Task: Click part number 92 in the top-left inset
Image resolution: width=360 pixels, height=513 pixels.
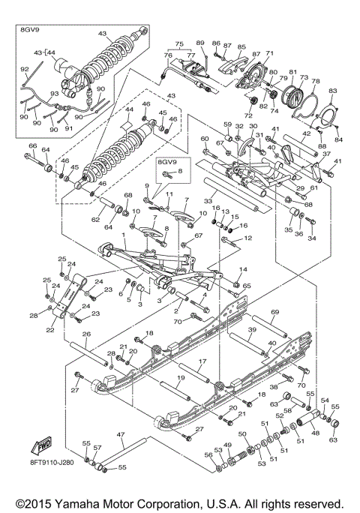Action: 24,69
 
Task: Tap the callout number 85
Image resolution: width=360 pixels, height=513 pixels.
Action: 241,46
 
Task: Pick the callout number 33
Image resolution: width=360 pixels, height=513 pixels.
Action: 208,201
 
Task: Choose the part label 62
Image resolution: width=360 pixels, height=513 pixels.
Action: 95,220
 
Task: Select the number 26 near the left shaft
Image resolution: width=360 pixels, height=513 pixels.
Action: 86,334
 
